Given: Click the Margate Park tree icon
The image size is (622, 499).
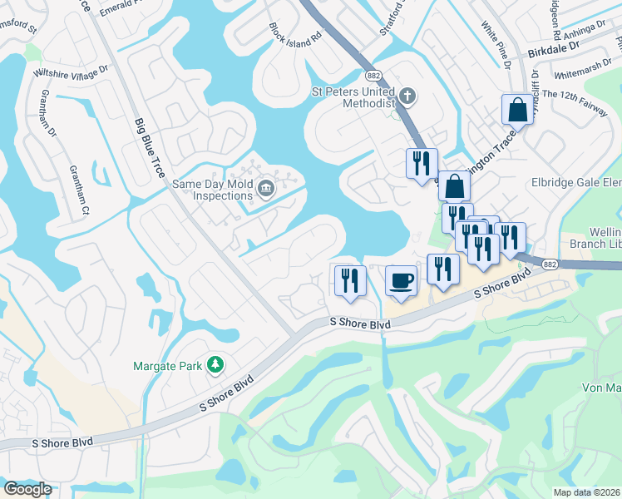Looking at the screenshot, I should click(215, 363).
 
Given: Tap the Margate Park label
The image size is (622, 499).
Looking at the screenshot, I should click(168, 365).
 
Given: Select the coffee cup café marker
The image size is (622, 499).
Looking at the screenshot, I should click(401, 281).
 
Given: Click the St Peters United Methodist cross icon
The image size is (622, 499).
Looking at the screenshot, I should click(406, 95).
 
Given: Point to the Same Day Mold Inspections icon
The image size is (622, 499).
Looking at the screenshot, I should click(265, 188).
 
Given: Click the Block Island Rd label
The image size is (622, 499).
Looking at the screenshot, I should click(295, 33).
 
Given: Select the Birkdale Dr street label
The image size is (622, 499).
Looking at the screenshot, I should click(556, 52).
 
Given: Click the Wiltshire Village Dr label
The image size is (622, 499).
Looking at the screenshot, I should click(71, 73).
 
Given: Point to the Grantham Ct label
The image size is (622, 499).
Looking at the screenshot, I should click(79, 190).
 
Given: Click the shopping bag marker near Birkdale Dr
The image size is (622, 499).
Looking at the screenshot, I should click(516, 109).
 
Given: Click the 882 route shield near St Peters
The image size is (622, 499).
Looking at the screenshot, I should click(373, 75).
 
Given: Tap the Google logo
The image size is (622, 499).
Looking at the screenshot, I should click(27, 488).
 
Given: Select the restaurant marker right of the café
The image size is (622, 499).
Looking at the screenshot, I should click(442, 269).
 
